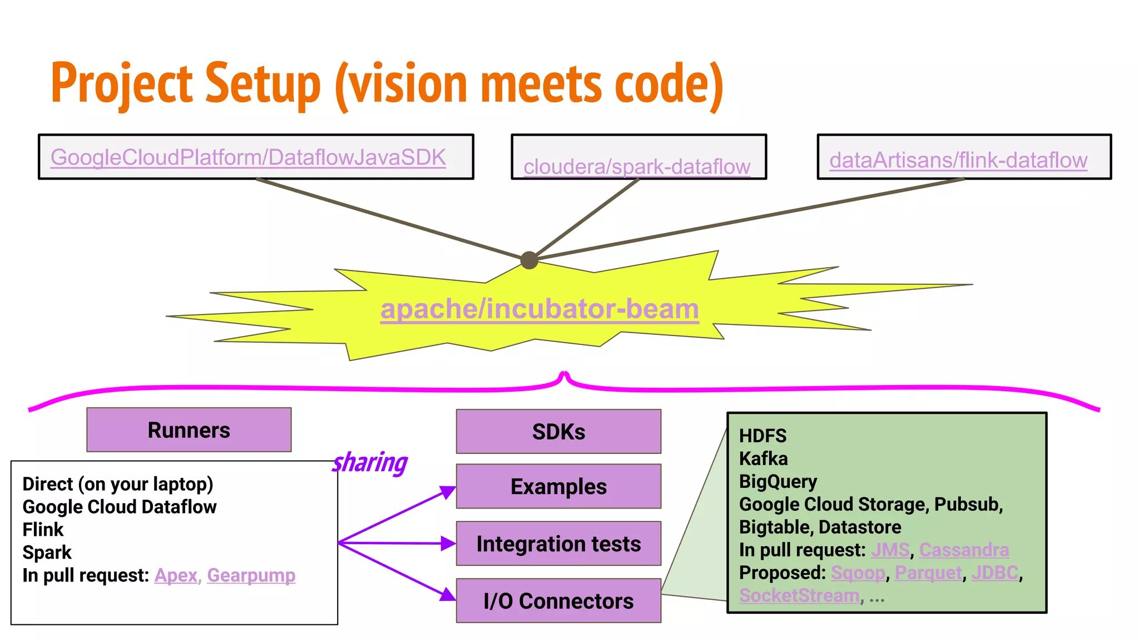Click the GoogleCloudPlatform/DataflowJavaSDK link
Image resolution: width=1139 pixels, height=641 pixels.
tap(248, 157)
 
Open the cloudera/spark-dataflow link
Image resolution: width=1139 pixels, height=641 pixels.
tap(637, 166)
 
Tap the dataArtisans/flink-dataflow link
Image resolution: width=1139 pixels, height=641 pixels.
tap(958, 160)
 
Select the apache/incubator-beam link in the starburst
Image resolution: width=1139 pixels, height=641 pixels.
tap(539, 309)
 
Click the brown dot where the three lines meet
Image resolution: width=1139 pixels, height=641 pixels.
tap(529, 260)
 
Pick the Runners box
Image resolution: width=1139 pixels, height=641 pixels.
tap(189, 430)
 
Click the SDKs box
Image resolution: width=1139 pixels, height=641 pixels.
tap(558, 432)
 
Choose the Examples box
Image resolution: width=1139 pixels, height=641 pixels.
tap(558, 486)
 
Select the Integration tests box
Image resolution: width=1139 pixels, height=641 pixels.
tap(558, 544)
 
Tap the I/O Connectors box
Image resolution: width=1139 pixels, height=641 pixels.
tap(558, 601)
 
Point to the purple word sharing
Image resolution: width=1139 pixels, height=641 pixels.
tap(370, 462)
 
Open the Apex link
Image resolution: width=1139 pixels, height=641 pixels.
tap(176, 575)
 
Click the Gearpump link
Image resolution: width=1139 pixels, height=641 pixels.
tap(251, 575)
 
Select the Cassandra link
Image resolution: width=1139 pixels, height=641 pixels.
tap(963, 550)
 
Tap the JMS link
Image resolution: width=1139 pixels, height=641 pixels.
tap(890, 550)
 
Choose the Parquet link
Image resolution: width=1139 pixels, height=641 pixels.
tap(928, 573)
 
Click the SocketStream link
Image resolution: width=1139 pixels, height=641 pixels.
tap(799, 595)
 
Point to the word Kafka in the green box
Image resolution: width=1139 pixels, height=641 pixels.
tap(763, 458)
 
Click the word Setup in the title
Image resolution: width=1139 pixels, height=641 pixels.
tap(263, 83)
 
